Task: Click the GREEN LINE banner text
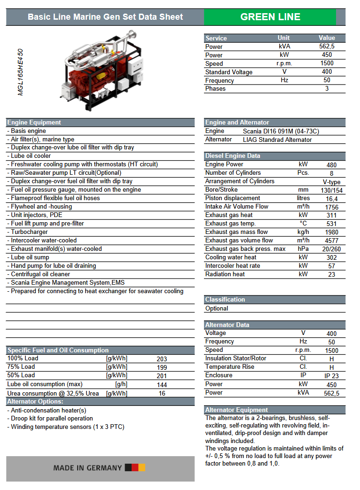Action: pos(270,17)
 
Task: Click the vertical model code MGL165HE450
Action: pos(20,72)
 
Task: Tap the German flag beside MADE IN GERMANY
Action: pos(135,467)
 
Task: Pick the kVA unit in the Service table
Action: pos(284,47)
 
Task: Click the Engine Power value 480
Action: pos(331,165)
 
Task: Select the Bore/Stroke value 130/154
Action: pos(331,190)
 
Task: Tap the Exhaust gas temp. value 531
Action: pos(331,224)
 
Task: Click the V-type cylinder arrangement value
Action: pos(331,182)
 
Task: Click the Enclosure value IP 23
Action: pos(331,376)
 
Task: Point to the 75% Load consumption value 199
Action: pos(162,367)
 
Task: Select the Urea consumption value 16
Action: pos(162,393)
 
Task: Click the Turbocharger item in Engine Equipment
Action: pos(29,232)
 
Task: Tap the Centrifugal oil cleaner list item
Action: pos(40,274)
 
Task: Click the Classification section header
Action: pos(225,300)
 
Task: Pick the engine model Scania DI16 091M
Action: pos(281,132)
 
